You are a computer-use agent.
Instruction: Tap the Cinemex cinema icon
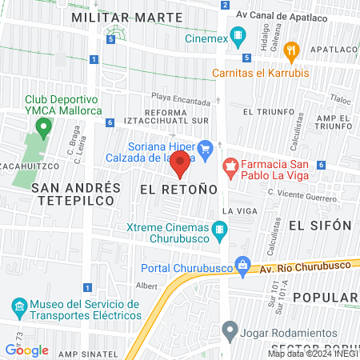tap(238, 36)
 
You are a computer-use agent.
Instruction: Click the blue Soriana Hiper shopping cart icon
tap(205, 146)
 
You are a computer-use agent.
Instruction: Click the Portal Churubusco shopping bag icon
tap(241, 267)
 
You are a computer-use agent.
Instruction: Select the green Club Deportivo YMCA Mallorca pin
tap(42, 126)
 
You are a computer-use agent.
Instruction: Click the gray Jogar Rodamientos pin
tap(230, 329)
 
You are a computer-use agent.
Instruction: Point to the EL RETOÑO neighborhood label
tap(178, 190)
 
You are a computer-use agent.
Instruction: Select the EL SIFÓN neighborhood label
tap(320, 225)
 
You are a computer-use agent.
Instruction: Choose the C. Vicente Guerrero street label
tap(302, 193)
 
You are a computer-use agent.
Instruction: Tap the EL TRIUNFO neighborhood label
tap(267, 111)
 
